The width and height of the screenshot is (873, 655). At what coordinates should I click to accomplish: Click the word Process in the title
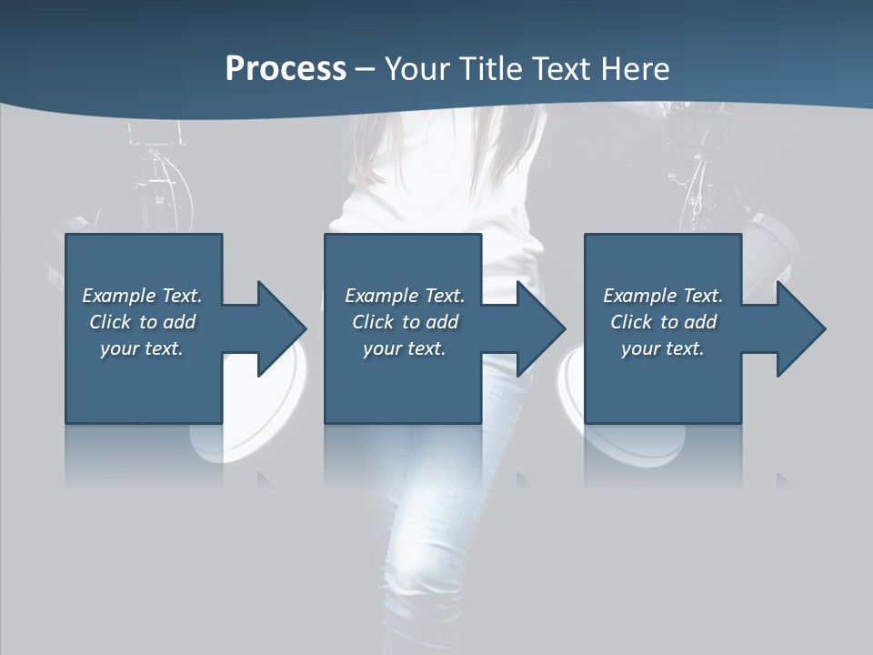[x=286, y=69]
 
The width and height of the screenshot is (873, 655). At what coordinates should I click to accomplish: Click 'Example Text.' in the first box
[x=142, y=296]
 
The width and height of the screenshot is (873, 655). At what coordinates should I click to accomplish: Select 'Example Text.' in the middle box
[x=405, y=296]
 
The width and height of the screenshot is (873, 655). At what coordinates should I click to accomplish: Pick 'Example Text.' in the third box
[x=663, y=296]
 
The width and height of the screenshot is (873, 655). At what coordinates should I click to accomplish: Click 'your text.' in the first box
[x=142, y=348]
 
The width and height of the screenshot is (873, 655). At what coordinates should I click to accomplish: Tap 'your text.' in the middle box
[x=405, y=348]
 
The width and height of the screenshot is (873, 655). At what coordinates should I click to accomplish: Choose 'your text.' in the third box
[x=663, y=348]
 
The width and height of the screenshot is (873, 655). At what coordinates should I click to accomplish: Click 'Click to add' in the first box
[x=142, y=322]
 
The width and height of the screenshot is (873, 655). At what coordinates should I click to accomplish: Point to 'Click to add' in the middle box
[x=405, y=322]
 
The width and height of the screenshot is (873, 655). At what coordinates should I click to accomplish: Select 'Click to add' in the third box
[x=663, y=322]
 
